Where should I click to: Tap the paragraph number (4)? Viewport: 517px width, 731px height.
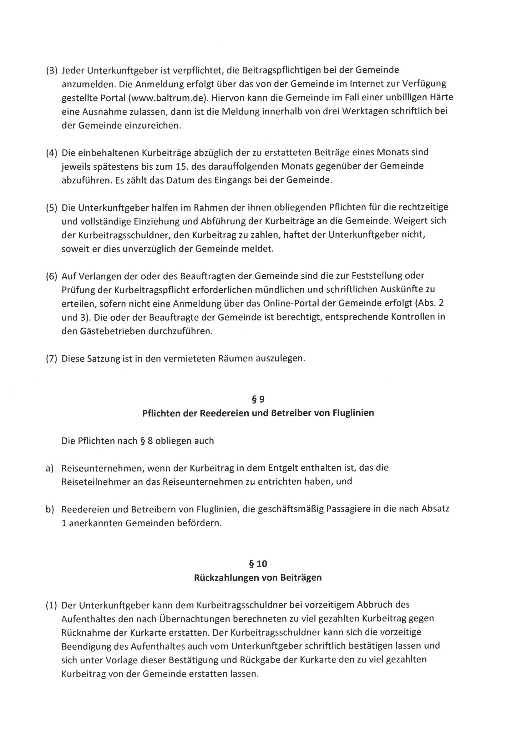point(52,153)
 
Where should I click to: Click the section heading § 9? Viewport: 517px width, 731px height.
point(258,399)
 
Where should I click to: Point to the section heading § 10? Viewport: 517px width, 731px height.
point(258,564)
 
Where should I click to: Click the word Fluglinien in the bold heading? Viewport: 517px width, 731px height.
point(353,413)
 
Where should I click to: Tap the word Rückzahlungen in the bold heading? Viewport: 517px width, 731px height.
point(226,577)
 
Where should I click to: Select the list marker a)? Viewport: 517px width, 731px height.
point(49,468)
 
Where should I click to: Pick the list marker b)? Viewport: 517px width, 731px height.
point(49,509)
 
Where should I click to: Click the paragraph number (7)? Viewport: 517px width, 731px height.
point(52,359)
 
